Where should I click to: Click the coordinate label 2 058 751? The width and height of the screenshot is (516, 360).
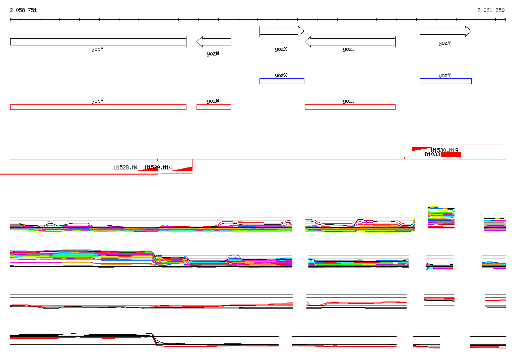(23, 10)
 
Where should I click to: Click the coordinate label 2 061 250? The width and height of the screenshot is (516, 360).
(491, 10)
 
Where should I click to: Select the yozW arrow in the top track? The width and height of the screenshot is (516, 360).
(214, 42)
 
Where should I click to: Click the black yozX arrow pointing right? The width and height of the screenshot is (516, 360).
(282, 31)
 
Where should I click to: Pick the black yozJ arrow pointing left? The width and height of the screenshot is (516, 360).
(350, 42)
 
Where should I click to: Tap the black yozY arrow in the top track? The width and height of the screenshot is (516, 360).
(445, 31)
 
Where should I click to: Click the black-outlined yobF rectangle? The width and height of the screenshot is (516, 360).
(98, 42)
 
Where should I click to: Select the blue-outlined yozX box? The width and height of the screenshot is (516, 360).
(282, 81)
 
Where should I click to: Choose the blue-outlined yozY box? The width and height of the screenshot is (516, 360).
(445, 81)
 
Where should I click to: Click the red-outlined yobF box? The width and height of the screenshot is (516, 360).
(98, 107)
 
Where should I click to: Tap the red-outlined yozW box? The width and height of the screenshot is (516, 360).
(214, 107)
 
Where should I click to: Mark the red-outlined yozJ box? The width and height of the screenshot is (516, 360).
(350, 107)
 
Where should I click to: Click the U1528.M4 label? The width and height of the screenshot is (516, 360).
(125, 167)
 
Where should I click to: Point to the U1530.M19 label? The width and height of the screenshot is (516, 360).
(444, 150)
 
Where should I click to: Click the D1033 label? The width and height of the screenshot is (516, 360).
(432, 155)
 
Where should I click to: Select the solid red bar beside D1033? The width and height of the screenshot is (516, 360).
(451, 155)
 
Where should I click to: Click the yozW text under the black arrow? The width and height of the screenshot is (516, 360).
(213, 53)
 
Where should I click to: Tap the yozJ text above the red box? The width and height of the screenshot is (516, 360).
(349, 101)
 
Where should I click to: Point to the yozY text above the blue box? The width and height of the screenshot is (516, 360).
(444, 76)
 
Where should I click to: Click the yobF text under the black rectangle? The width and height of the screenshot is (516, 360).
(97, 49)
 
